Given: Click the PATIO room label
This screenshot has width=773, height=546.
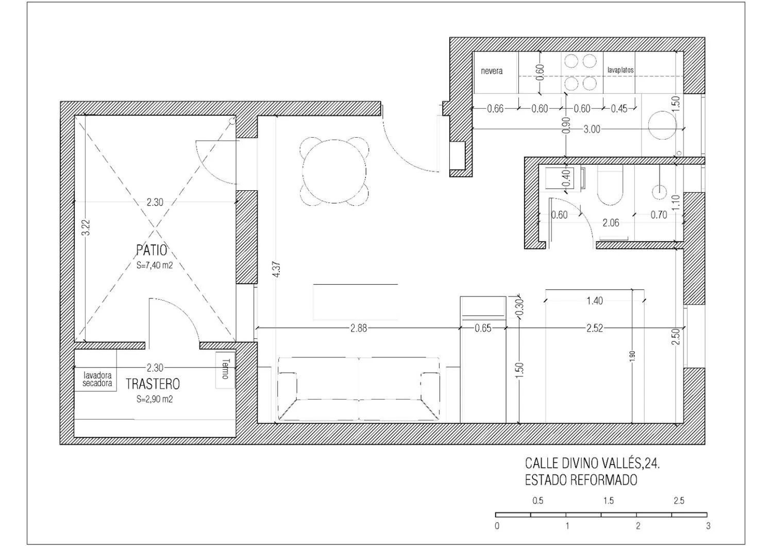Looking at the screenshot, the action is pos(152,250).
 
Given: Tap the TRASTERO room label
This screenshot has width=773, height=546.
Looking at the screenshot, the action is pos(153,384).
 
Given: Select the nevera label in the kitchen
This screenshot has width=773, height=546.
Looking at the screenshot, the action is pos(492,71).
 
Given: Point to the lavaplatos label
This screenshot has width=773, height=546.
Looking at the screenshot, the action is pos(620,70).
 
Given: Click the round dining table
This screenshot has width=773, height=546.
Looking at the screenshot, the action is pos(334,171).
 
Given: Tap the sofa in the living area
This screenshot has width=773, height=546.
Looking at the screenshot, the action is pos(359,389).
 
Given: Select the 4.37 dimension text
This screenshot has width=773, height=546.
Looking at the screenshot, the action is pos(276,270).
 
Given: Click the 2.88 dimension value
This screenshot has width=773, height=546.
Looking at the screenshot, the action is pos(359,328).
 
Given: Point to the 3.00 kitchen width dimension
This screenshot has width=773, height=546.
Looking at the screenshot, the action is pos(592,129).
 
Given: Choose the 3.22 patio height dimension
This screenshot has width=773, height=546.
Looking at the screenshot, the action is pos(87,228).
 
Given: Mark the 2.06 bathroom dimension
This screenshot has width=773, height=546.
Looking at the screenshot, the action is pos(611,223).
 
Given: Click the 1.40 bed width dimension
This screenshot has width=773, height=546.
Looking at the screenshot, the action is pos(595,301).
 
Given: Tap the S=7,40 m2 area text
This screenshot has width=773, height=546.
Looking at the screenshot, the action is pos(154,266).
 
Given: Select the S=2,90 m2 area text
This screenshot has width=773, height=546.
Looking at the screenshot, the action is pos(154,399).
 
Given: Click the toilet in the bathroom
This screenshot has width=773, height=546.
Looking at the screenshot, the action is pos(610,186).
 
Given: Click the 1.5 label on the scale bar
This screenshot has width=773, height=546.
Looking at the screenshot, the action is pos(609,501).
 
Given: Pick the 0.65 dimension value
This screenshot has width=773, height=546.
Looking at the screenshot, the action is pos(483,328).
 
